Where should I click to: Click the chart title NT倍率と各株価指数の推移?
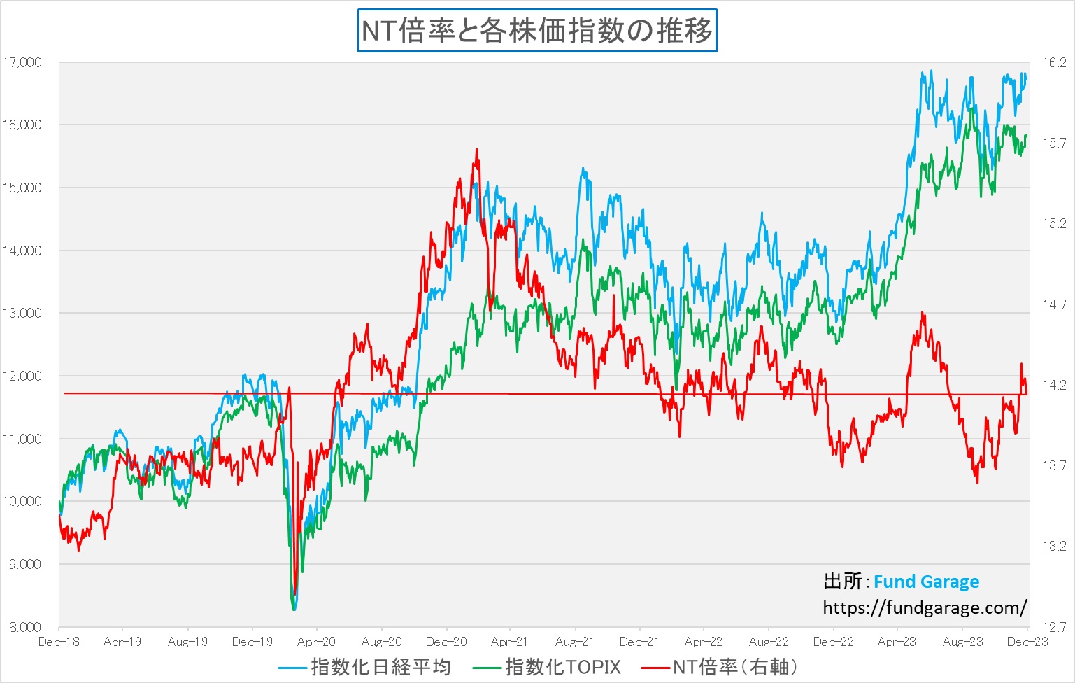pos(537,31)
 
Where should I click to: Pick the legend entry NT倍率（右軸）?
pos(734,667)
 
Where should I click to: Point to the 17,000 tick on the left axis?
pos(22,62)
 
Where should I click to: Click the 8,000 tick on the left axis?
pos(25,627)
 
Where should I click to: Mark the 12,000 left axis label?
pos(22,376)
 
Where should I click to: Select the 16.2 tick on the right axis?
pos(1054,63)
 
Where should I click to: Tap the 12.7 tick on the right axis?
pos(1054,627)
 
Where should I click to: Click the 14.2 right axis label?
pos(1054,385)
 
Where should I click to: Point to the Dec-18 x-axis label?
pos(59,642)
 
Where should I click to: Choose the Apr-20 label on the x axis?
pos(316,642)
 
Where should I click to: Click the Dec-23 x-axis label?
pos(1027,642)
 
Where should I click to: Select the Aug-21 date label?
pos(574,642)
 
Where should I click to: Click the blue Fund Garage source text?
pos(926,582)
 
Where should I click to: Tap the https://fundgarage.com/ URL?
pos(925,607)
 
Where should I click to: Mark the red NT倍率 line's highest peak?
pos(477,149)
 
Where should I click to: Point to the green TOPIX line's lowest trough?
pos(294,610)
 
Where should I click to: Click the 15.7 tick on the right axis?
pos(1054,143)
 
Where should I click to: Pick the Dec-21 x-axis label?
pos(639,642)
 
